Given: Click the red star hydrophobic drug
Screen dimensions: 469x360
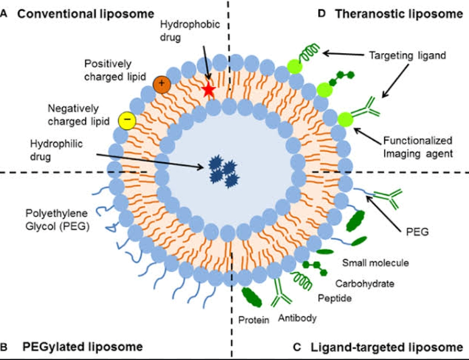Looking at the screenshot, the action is click(209, 89).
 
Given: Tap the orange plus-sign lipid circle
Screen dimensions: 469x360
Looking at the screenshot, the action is click(162, 84).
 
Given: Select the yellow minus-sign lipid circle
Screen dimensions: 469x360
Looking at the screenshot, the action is click(127, 121).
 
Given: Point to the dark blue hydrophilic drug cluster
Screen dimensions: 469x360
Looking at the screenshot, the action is click(224, 174).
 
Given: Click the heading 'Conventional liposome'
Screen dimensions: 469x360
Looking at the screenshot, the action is click(86, 14).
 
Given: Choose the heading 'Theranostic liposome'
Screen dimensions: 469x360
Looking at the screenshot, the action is click(399, 14).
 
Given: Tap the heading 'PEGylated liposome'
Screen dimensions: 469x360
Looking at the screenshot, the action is click(82, 347).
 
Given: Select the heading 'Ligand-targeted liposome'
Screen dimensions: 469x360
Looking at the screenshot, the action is click(387, 347).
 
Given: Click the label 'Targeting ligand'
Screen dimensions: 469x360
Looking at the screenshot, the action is click(408, 56).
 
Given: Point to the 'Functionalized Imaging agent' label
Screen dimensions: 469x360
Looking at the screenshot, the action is click(418, 147).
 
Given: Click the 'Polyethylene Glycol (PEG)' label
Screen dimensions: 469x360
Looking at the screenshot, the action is click(57, 220).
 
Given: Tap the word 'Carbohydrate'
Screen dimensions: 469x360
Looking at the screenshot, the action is click(365, 284).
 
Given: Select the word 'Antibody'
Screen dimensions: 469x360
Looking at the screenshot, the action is click(297, 318).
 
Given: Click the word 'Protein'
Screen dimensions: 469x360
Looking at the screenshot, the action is click(254, 320).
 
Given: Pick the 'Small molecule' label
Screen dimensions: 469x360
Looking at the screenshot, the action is click(375, 263).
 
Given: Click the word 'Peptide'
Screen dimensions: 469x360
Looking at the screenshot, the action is click(335, 298).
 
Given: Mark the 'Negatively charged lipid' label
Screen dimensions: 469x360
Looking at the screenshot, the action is click(79, 115).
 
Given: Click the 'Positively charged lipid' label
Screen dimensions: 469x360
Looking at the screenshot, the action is click(115, 70).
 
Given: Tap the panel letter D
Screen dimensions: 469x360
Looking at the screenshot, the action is click(322, 14).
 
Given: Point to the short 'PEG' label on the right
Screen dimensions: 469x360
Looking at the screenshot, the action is click(418, 232).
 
